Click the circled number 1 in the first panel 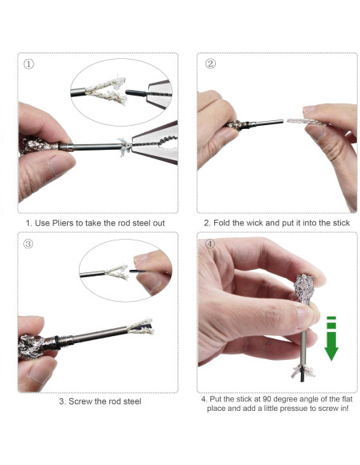coord(29,64)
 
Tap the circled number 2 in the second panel coord(210,64)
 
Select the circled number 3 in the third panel coord(28,244)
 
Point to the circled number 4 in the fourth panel coord(209,244)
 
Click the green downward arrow coord(331,338)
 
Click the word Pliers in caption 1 coord(63,223)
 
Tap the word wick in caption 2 coord(255,223)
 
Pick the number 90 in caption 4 coord(267,399)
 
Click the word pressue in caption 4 coord(293,408)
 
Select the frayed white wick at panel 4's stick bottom coord(303,372)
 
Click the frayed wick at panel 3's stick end coord(140,326)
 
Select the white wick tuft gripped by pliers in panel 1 coord(125,147)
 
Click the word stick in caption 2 coord(342,223)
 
